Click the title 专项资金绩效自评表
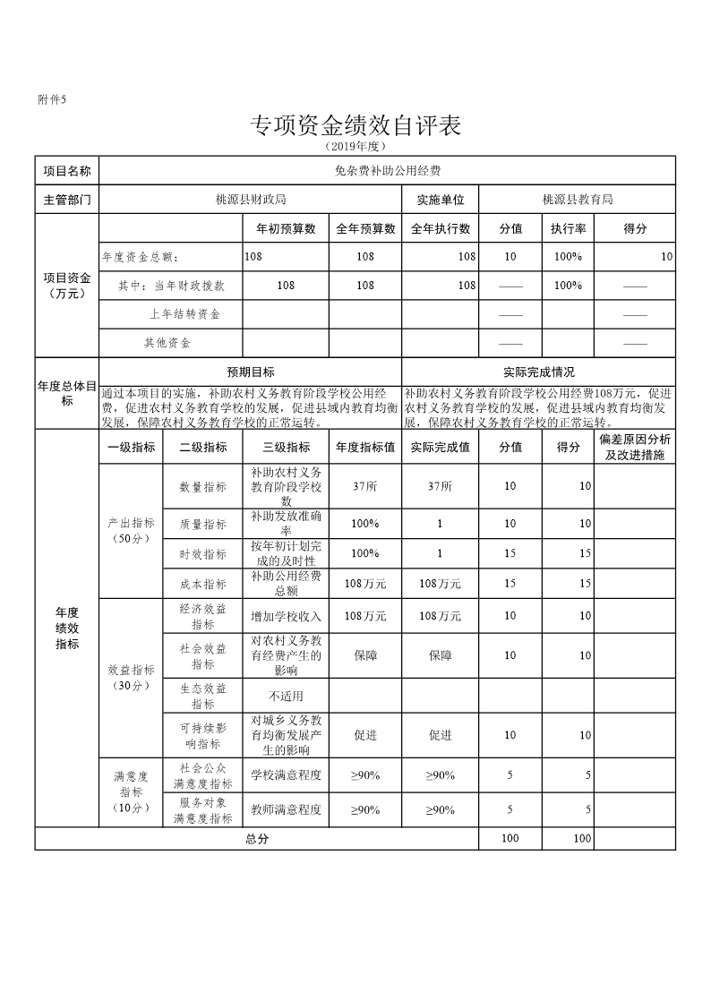click(355, 126)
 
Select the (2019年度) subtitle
click(355, 145)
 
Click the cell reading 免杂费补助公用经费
click(387, 169)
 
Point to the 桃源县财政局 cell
click(251, 200)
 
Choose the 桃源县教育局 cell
click(578, 200)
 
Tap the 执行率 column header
click(568, 228)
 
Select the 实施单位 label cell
click(441, 200)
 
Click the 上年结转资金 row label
click(184, 314)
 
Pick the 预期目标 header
click(251, 372)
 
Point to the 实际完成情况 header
click(539, 372)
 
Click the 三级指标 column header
click(287, 448)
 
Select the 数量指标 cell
click(203, 486)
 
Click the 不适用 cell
click(287, 696)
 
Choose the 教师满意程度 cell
click(287, 809)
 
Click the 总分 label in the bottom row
click(257, 839)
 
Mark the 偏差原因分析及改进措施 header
click(634, 448)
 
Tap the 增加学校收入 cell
click(287, 616)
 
